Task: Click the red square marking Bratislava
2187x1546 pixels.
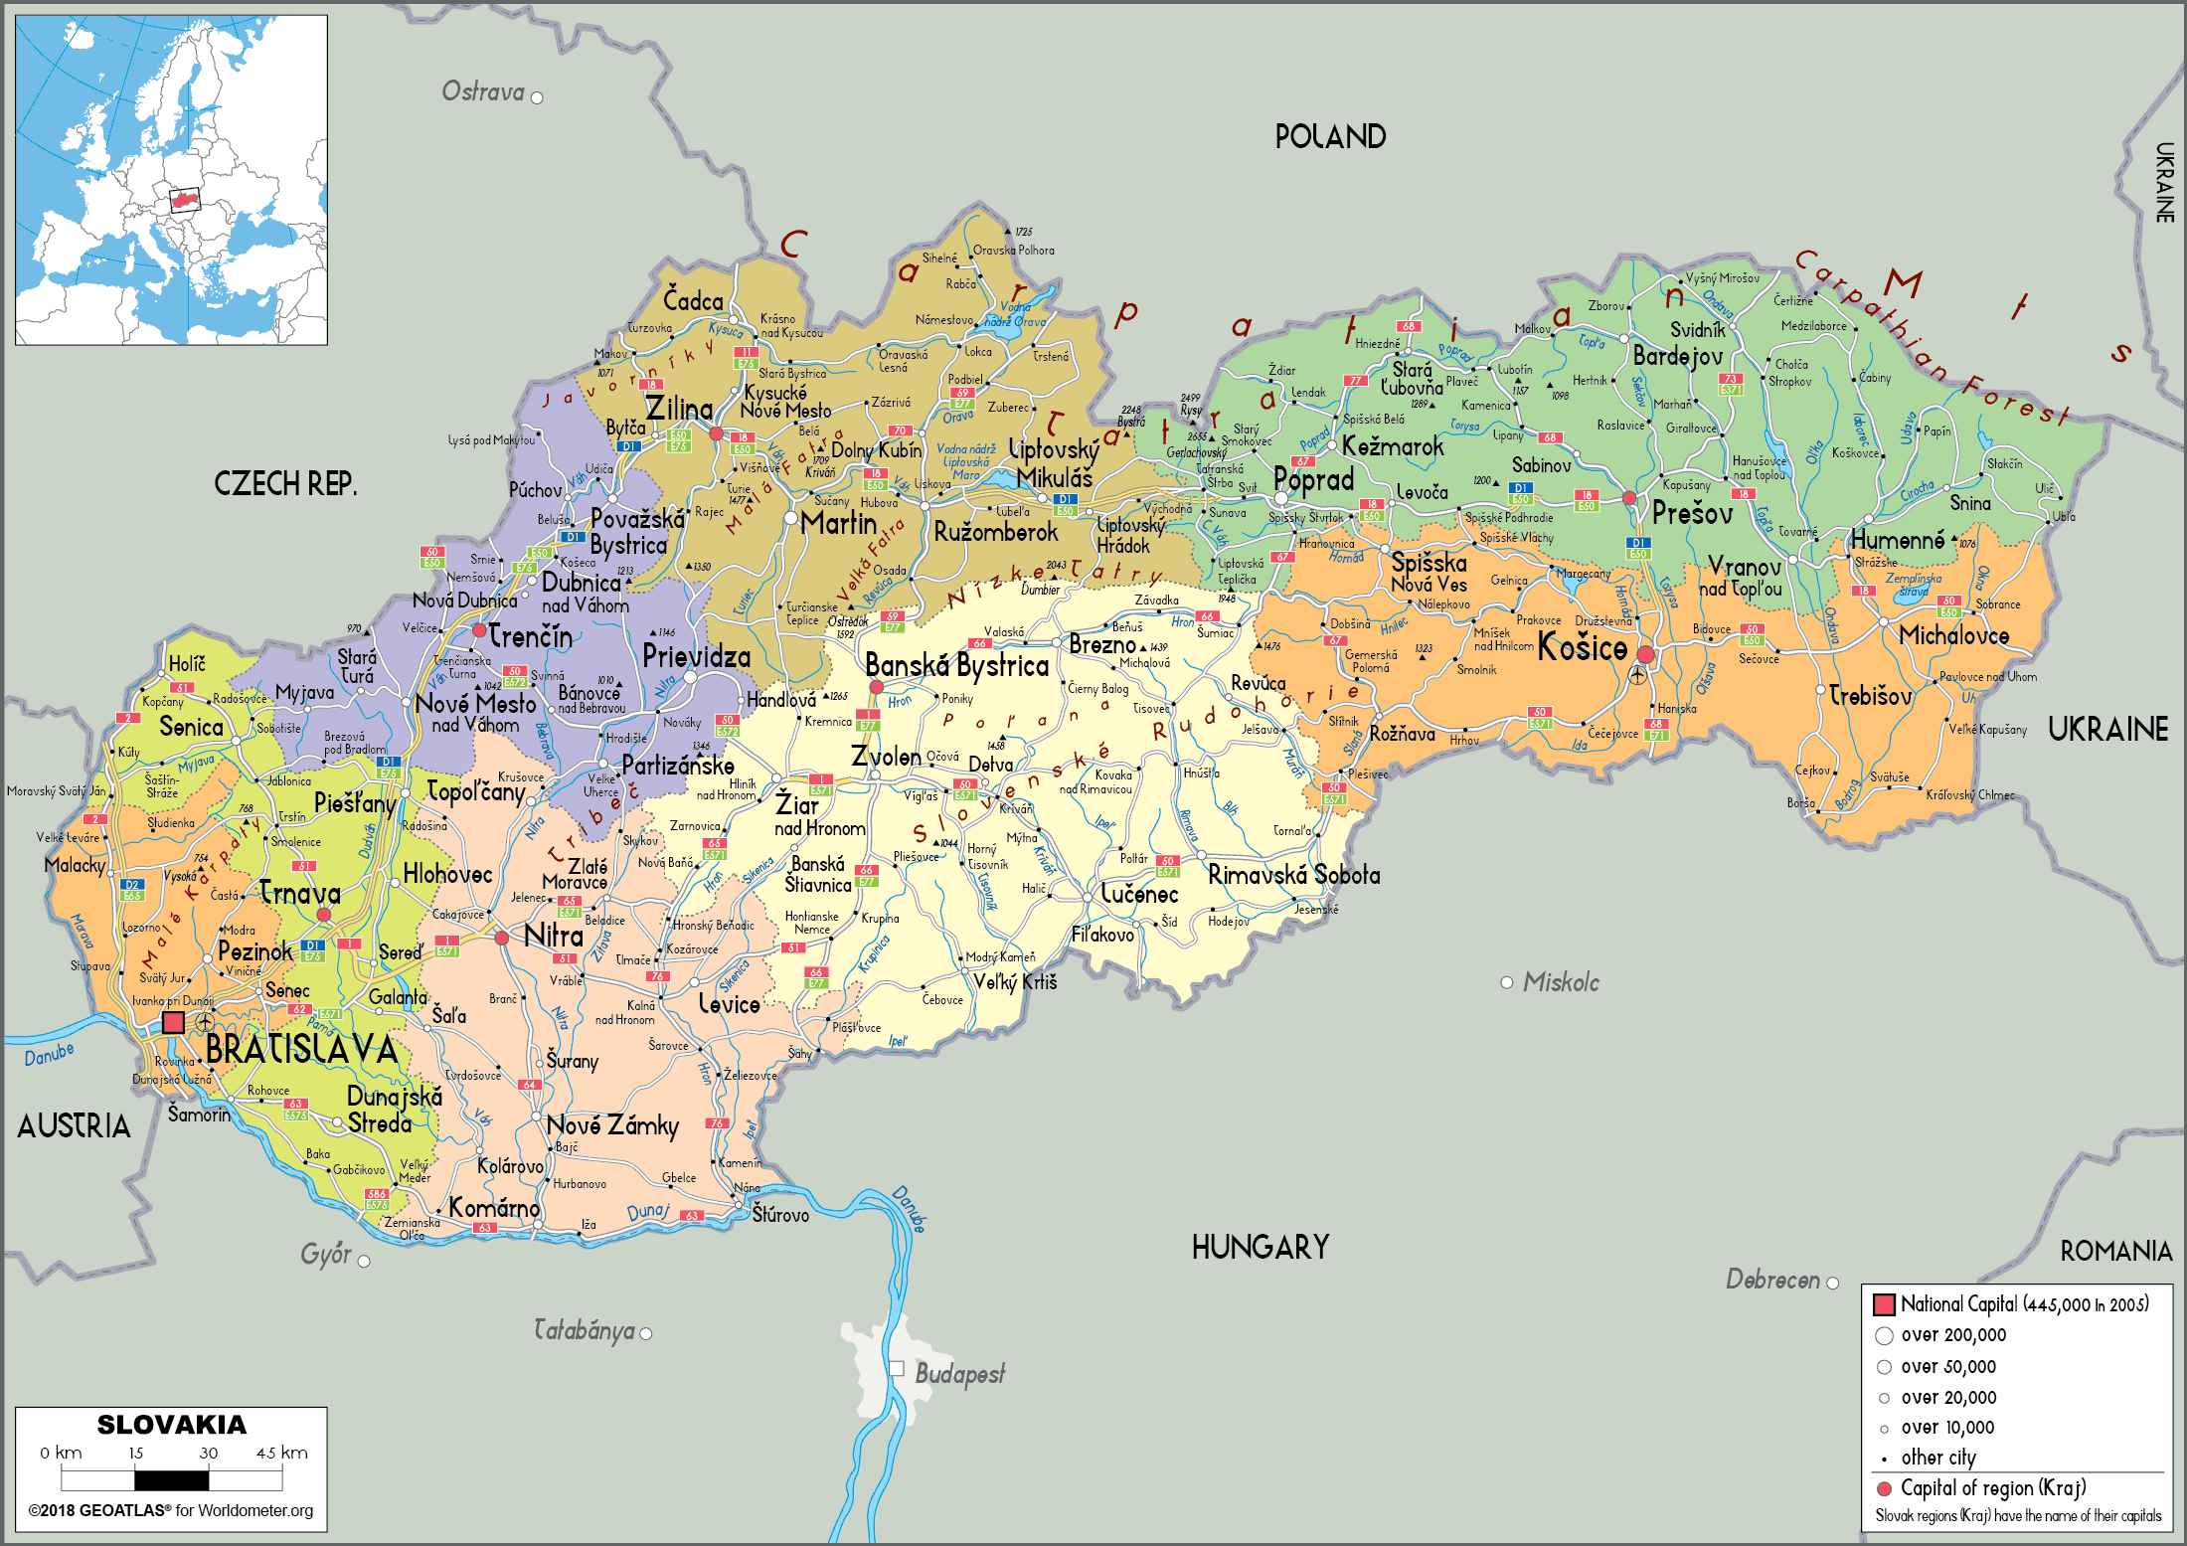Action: (x=173, y=1022)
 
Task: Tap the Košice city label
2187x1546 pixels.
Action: (x=1583, y=648)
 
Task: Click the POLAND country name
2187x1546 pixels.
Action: (x=1330, y=137)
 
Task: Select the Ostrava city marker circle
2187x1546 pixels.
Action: (x=537, y=97)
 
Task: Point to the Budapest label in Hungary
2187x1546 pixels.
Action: (x=959, y=1374)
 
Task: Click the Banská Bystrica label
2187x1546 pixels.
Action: (x=956, y=665)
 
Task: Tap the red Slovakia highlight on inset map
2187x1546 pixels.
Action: (x=184, y=200)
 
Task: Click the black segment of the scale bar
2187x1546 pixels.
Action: (x=171, y=1479)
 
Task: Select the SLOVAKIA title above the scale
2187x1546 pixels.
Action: (x=171, y=1425)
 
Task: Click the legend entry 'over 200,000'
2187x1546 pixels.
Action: (x=1953, y=1335)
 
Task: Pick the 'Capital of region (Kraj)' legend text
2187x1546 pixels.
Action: (x=1992, y=1488)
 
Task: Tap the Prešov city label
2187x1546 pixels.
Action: (x=1692, y=514)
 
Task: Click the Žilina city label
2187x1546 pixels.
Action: (x=679, y=409)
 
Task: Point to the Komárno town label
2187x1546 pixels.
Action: (x=494, y=1208)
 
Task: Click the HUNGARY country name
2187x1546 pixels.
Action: (x=1260, y=1247)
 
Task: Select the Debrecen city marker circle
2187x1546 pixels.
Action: (x=1832, y=1283)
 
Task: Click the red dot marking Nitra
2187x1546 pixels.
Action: (x=502, y=938)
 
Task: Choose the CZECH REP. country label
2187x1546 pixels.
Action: (x=285, y=484)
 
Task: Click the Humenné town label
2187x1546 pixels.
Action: (x=1897, y=541)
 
